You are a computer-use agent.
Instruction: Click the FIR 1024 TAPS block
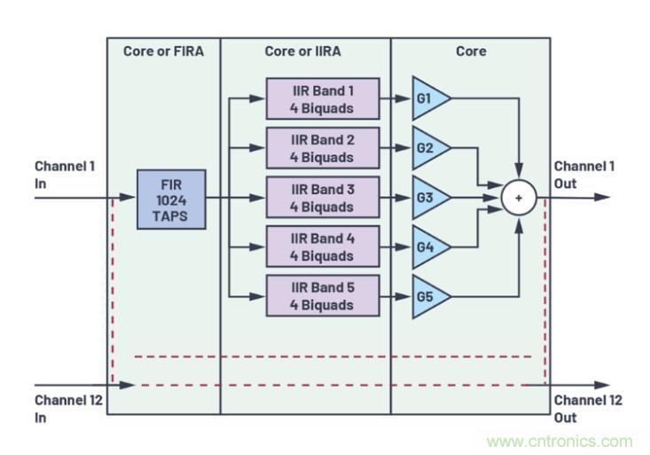point(171,199)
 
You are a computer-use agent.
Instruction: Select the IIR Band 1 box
point(322,99)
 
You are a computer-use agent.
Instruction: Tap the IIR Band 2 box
point(322,148)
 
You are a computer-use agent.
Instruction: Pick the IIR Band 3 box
point(322,198)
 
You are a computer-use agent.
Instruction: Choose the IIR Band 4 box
point(322,247)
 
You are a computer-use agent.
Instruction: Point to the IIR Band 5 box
point(322,295)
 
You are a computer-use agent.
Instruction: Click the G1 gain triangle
point(428,98)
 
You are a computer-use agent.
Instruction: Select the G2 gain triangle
point(428,148)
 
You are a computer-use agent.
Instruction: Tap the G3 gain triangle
point(428,198)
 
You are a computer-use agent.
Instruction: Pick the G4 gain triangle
point(428,247)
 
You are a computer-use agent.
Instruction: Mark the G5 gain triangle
point(428,295)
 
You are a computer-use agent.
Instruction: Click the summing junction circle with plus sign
point(518,198)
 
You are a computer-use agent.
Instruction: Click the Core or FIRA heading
point(163,51)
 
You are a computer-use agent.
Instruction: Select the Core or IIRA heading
point(304,51)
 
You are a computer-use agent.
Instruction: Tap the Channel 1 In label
point(65,175)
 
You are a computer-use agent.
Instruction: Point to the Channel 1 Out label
point(584,175)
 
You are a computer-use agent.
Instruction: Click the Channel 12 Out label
point(588,409)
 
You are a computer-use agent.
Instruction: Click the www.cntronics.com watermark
point(560,441)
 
